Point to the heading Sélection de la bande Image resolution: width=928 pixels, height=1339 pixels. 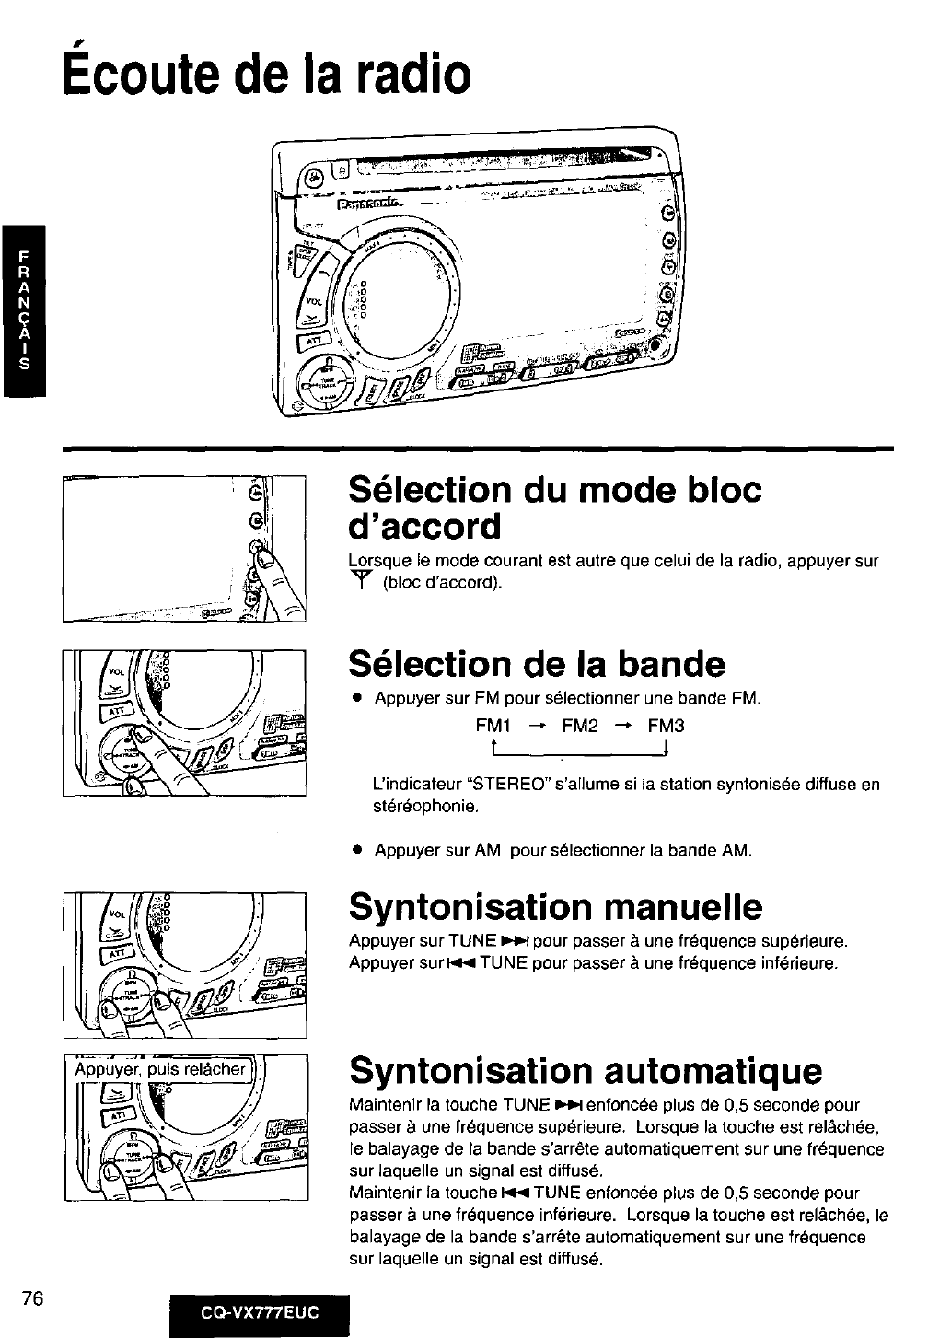point(537,663)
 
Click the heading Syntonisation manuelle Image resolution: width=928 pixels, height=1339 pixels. point(556,907)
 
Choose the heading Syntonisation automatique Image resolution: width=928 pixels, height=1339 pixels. point(586,1070)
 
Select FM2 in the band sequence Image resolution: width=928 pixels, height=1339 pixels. point(580,726)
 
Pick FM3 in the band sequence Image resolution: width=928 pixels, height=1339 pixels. point(667,726)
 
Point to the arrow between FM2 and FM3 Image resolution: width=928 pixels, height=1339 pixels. point(623,726)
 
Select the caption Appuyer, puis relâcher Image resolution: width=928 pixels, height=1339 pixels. point(161,1069)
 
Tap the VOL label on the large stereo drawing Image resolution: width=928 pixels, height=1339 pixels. point(314,301)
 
